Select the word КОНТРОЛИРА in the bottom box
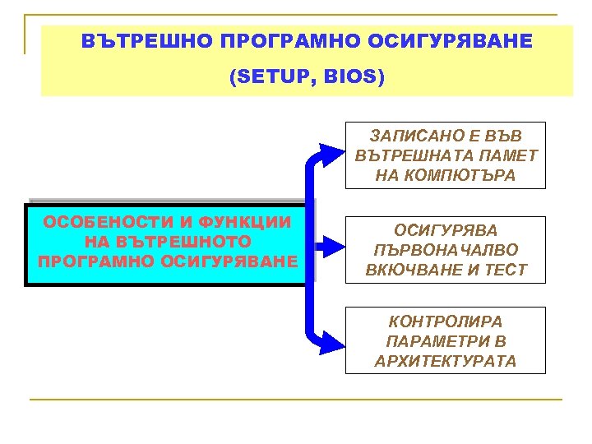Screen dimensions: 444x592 pos(446,321)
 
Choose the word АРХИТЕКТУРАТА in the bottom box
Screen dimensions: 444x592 pos(446,361)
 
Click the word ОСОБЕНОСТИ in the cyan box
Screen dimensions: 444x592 pos(90,223)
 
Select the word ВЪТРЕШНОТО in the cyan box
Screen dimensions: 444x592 pos(180,243)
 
